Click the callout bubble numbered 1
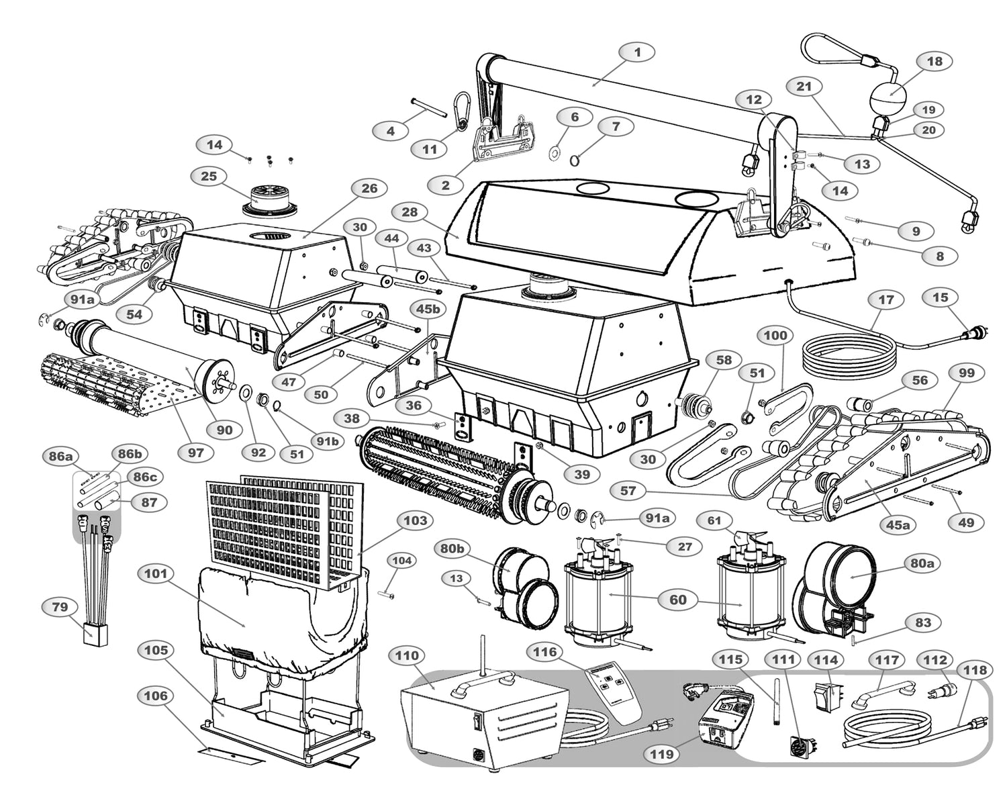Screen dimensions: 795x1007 pyautogui.click(x=637, y=52)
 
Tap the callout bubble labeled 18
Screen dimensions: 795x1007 pyautogui.click(x=934, y=61)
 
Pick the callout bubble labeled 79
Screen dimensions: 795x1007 pyautogui.click(x=60, y=608)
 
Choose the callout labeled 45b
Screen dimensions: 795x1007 pyautogui.click(x=428, y=310)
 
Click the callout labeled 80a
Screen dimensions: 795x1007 pyautogui.click(x=922, y=563)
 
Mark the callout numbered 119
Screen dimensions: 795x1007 pyautogui.click(x=661, y=755)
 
